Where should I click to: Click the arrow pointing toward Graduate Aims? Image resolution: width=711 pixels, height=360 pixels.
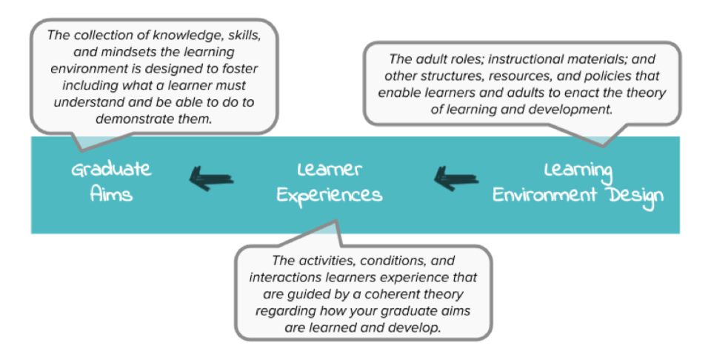click(x=212, y=177)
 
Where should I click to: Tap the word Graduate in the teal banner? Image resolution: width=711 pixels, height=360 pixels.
click(x=111, y=170)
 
